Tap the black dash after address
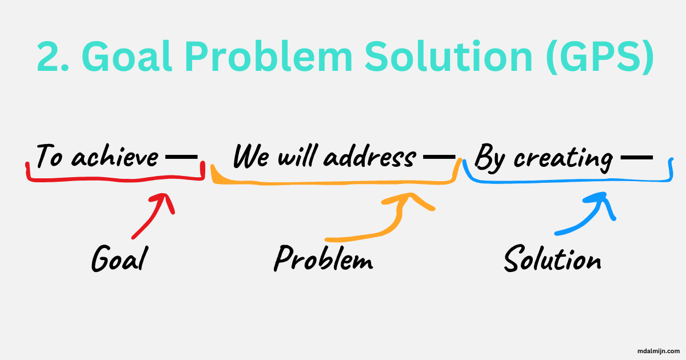pos(437,155)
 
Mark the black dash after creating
pos(636,155)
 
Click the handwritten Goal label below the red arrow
pos(119,260)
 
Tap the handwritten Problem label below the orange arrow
pos(323,260)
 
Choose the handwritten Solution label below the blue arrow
pos(552,260)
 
